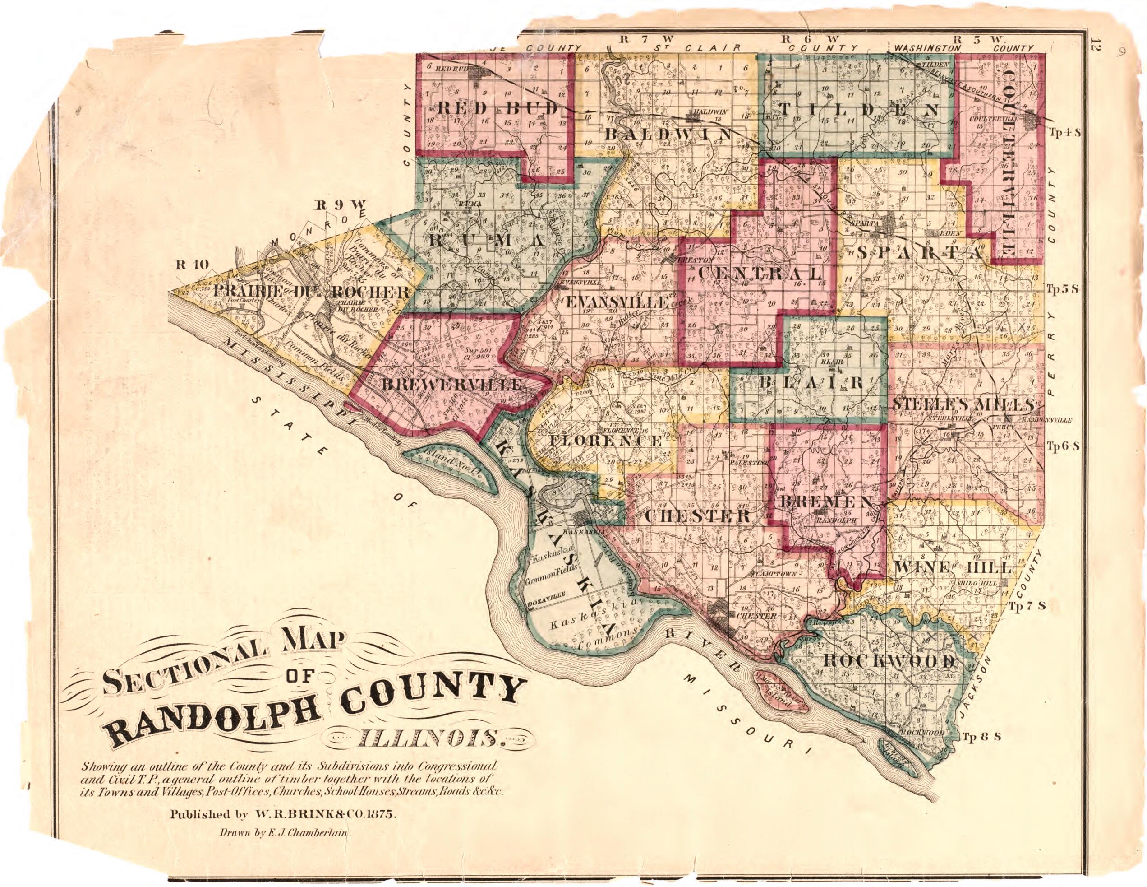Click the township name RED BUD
pyautogui.click(x=497, y=109)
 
